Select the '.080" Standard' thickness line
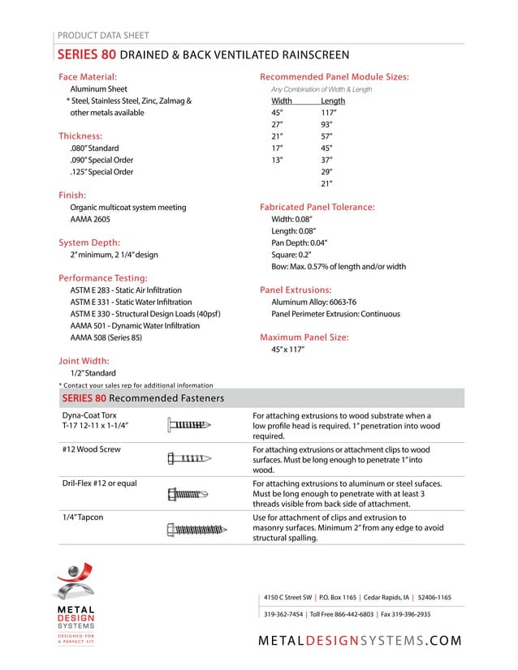point(94,148)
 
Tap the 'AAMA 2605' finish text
point(90,219)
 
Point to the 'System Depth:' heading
point(89,243)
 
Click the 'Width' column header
point(282,101)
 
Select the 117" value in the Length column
point(329,113)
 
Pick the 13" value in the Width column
point(277,160)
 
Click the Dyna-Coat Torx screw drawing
point(188,424)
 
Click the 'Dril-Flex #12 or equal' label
point(99,483)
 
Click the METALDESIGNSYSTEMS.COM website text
point(360,641)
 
